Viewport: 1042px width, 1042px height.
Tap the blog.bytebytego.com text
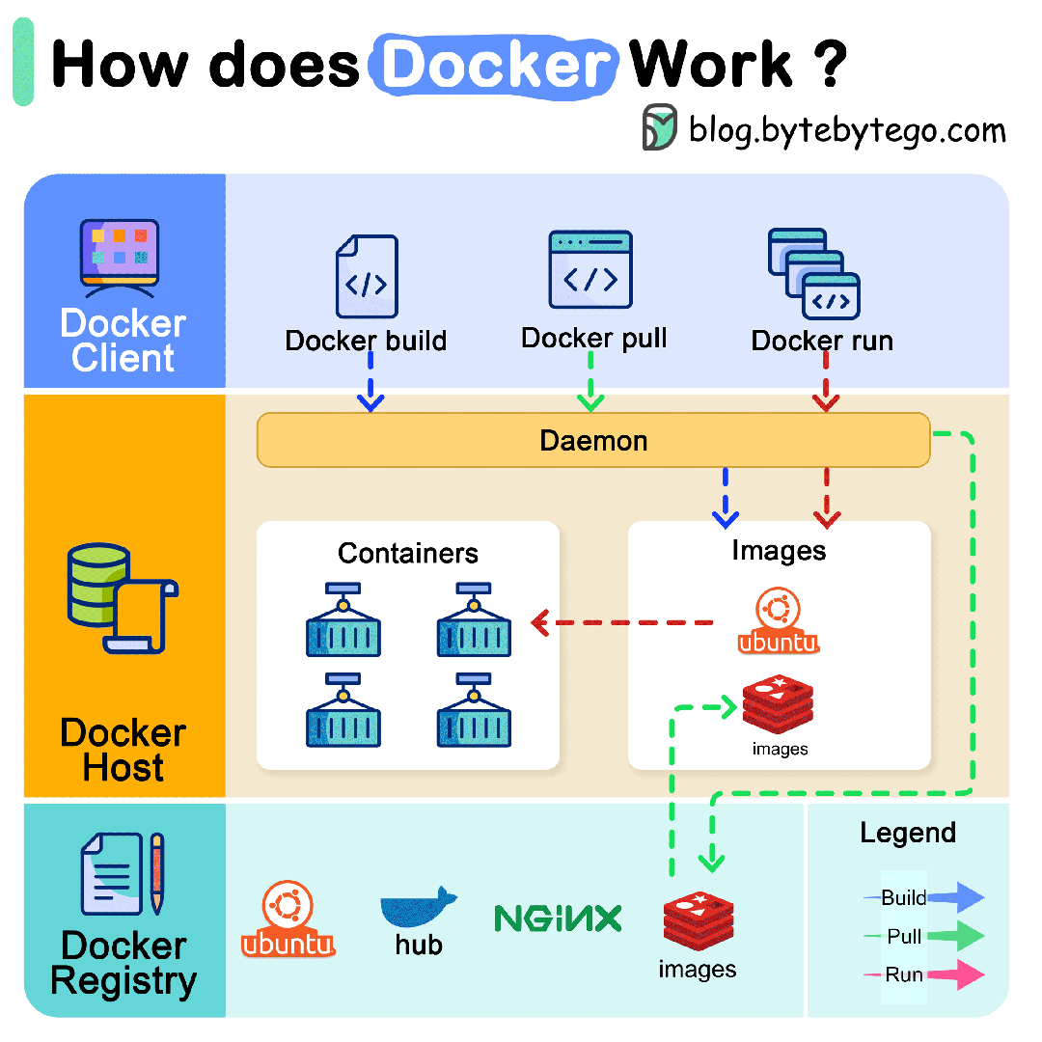[x=847, y=130]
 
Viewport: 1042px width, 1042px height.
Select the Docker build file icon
[x=367, y=278]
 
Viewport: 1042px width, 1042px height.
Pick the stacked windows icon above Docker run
[x=814, y=274]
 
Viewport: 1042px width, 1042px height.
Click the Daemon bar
[x=592, y=441]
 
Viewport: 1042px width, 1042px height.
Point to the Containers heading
[x=408, y=553]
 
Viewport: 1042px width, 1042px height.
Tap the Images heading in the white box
[x=779, y=550]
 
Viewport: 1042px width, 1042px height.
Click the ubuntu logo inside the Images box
[x=778, y=622]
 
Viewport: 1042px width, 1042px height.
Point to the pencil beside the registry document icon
[x=156, y=874]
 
